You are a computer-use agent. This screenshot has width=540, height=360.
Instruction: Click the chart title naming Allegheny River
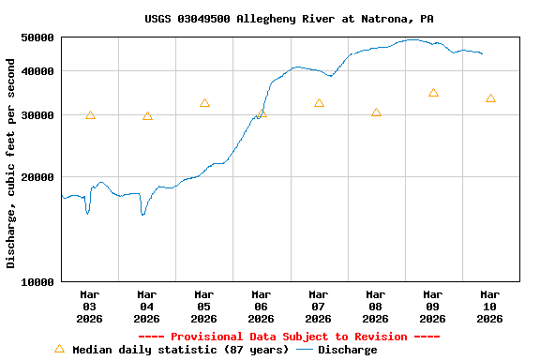click(289, 19)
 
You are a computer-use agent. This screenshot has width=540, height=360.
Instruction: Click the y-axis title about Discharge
click(11, 163)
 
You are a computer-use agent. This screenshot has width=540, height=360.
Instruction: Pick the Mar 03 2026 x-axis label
click(89, 307)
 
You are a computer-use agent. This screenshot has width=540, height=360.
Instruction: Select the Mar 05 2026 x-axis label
click(203, 307)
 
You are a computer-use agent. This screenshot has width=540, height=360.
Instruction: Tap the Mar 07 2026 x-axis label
click(318, 307)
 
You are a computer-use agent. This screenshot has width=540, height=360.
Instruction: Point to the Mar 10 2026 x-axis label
click(489, 307)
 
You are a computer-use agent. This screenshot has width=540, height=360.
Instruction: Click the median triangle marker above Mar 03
click(90, 115)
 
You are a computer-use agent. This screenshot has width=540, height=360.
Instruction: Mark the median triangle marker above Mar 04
click(147, 116)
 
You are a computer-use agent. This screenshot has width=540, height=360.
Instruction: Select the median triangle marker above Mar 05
click(204, 103)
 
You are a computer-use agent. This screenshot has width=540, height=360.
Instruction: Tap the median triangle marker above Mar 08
click(376, 112)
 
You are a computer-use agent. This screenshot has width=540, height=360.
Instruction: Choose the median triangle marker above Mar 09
click(433, 93)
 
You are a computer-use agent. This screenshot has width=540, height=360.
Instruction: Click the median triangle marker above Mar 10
click(490, 98)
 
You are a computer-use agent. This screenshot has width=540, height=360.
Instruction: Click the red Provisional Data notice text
click(289, 337)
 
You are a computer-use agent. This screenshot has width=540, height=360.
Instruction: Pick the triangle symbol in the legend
click(59, 349)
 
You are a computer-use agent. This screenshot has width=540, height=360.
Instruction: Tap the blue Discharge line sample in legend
click(305, 350)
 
